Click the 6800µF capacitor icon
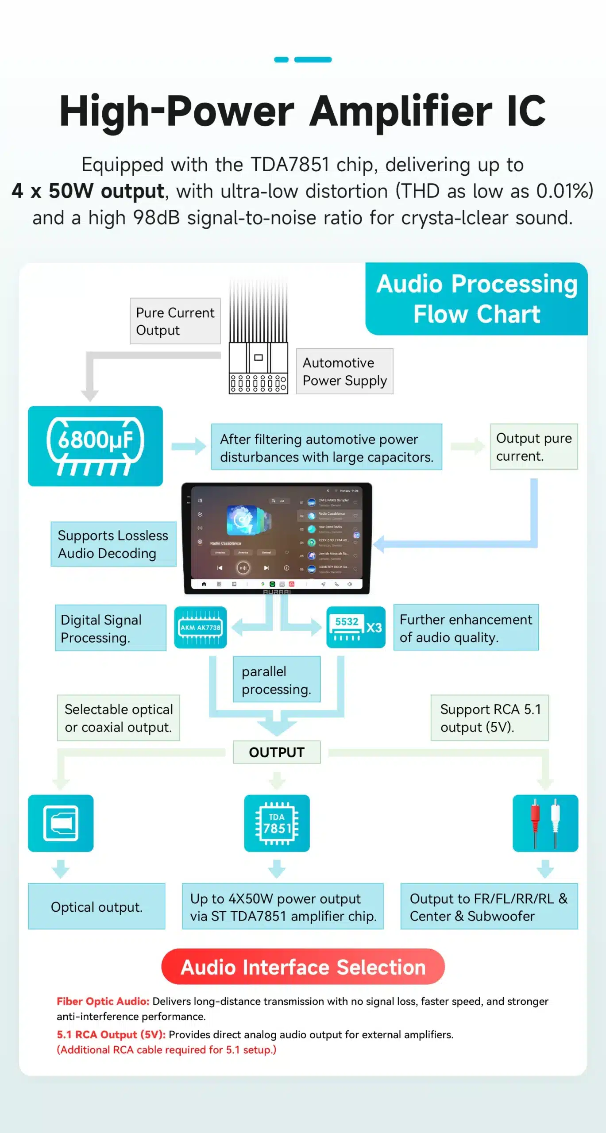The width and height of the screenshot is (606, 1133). [95, 446]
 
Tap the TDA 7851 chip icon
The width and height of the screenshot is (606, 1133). [277, 823]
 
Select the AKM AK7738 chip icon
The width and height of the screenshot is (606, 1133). [200, 627]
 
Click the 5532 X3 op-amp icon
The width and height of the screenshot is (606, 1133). [355, 627]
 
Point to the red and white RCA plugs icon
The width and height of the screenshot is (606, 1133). [545, 823]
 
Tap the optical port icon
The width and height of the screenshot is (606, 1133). [61, 823]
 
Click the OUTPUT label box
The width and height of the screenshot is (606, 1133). [277, 752]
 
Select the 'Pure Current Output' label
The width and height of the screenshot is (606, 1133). [175, 321]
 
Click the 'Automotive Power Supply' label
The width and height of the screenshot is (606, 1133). [344, 371]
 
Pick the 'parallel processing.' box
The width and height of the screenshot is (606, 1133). [277, 680]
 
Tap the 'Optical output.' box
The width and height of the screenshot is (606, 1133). [96, 907]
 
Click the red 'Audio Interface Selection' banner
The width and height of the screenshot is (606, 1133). [303, 967]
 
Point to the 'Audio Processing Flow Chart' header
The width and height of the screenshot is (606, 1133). [477, 299]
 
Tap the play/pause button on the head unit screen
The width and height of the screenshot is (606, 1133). [243, 568]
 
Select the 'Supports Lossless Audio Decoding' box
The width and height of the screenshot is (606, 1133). [113, 544]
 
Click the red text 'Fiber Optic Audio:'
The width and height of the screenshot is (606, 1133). [103, 1002]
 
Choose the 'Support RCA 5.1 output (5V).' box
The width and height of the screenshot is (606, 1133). [490, 718]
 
